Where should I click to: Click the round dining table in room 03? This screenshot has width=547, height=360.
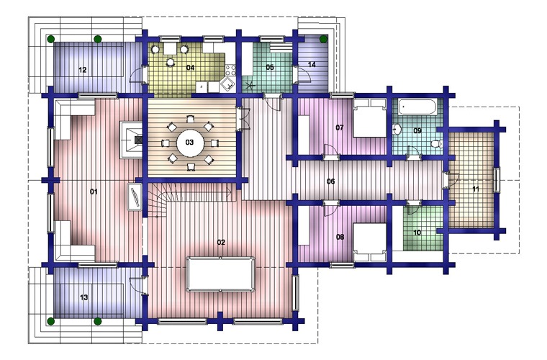pyautogui.click(x=189, y=143)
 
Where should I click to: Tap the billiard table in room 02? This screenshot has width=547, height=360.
pyautogui.click(x=220, y=274)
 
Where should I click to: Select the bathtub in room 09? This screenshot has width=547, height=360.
pyautogui.click(x=417, y=107)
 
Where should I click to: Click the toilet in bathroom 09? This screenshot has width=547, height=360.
pyautogui.click(x=437, y=143)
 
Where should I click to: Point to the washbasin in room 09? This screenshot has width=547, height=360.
pyautogui.click(x=397, y=130)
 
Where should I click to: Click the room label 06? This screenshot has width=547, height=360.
pyautogui.click(x=330, y=181)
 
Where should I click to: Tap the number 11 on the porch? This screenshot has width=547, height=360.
pyautogui.click(x=476, y=189)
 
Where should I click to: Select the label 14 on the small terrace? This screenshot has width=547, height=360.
pyautogui.click(x=312, y=65)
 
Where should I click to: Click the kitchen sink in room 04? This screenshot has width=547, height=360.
pyautogui.click(x=227, y=84)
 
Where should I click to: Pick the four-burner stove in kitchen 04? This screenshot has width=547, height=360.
pyautogui.click(x=230, y=70)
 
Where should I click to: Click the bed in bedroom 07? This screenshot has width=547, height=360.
pyautogui.click(x=369, y=118)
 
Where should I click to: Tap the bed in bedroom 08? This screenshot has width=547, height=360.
pyautogui.click(x=369, y=242)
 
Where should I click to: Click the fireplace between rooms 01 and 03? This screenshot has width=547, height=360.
pyautogui.click(x=132, y=140)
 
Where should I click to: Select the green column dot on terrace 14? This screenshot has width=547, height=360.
pyautogui.click(x=323, y=38)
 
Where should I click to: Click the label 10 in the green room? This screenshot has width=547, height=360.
pyautogui.click(x=417, y=233)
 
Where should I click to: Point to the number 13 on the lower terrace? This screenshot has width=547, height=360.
pyautogui.click(x=84, y=297)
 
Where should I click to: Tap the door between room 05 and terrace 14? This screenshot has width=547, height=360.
pyautogui.click(x=301, y=74)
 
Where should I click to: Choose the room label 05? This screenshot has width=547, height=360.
pyautogui.click(x=270, y=67)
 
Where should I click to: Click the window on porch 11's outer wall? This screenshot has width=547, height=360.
pyautogui.click(x=497, y=180)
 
